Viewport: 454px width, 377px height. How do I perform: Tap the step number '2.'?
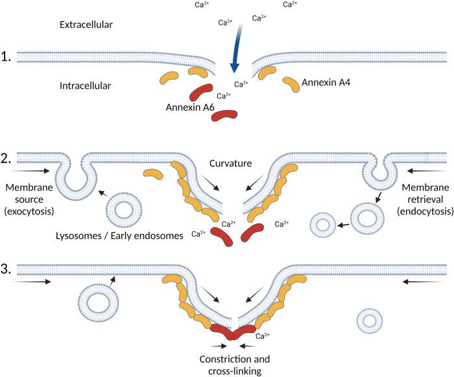[8, 157]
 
